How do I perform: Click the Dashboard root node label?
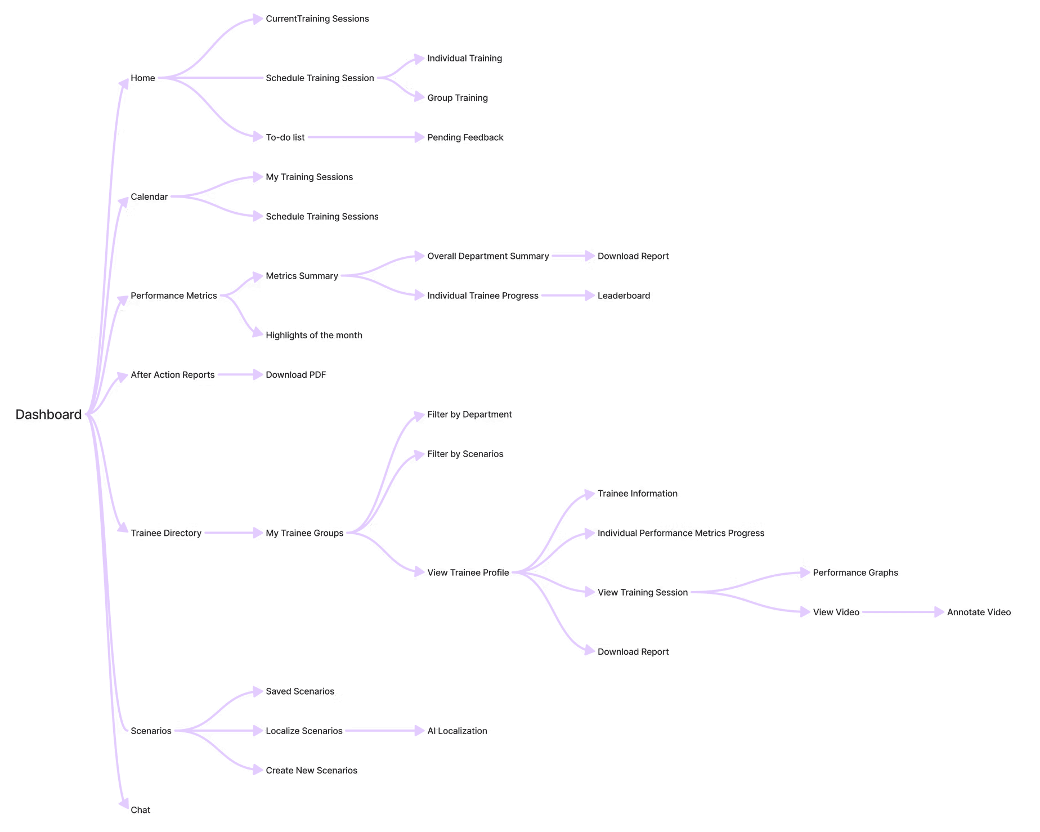tap(48, 415)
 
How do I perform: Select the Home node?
tap(142, 78)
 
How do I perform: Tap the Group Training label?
tap(457, 98)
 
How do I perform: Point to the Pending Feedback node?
tap(465, 137)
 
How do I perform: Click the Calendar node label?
tap(149, 197)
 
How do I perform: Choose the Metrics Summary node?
tap(302, 276)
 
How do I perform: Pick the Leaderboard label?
tap(624, 296)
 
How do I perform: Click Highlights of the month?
tap(313, 336)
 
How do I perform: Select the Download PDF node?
tap(295, 375)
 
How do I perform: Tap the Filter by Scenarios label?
tap(465, 454)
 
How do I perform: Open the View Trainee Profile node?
tap(468, 572)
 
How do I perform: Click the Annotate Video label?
tap(979, 612)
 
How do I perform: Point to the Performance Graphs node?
tap(855, 572)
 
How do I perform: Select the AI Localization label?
tap(457, 731)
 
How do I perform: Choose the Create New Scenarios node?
tap(311, 771)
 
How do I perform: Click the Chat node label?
tap(140, 810)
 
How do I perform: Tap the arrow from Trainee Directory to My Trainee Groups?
tap(233, 533)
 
